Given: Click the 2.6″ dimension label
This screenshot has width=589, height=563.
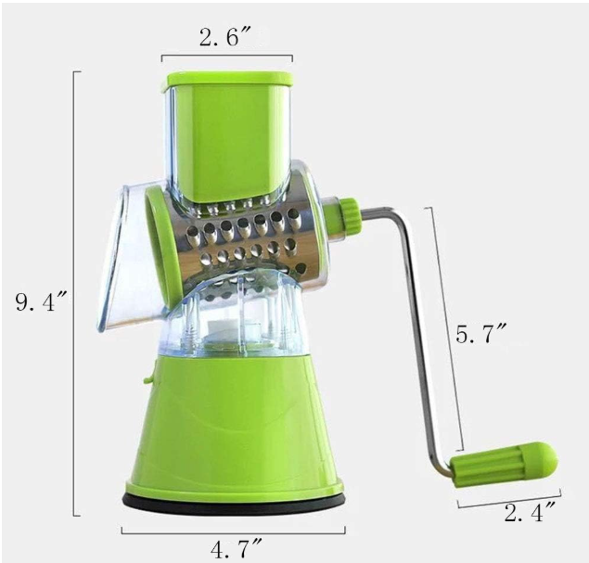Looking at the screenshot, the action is click(224, 37).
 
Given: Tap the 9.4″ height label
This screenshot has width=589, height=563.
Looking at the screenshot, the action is click(41, 301).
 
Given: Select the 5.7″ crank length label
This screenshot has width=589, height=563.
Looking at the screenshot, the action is click(481, 334).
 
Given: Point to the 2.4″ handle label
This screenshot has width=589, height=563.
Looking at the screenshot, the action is click(530, 513).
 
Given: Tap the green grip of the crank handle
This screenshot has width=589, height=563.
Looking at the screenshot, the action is click(505, 464).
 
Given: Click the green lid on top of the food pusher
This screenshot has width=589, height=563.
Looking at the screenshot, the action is click(230, 80).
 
